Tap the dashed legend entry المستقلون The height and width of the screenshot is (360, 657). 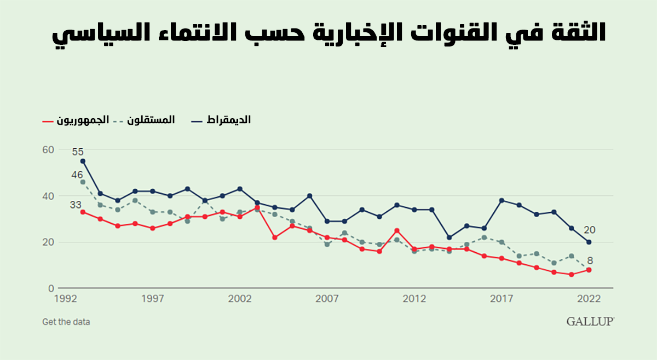145,120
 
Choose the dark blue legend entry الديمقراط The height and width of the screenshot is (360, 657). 221,120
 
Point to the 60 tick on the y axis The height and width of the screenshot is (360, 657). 48,150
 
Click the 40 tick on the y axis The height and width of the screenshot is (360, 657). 48,196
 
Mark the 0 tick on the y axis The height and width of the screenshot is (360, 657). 51,288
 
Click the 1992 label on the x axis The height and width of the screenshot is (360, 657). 65,299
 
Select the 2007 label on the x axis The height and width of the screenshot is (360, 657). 327,299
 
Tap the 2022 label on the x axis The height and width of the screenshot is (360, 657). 589,299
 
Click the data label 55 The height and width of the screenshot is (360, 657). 78,152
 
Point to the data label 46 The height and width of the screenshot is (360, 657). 77,175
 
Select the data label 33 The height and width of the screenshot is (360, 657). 76,205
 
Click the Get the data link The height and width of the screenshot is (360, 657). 66,322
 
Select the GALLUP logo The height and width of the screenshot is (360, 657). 590,322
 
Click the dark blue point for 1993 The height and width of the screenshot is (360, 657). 83,161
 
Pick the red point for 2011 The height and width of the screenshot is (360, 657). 397,230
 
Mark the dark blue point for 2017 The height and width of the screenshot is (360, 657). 502,200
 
